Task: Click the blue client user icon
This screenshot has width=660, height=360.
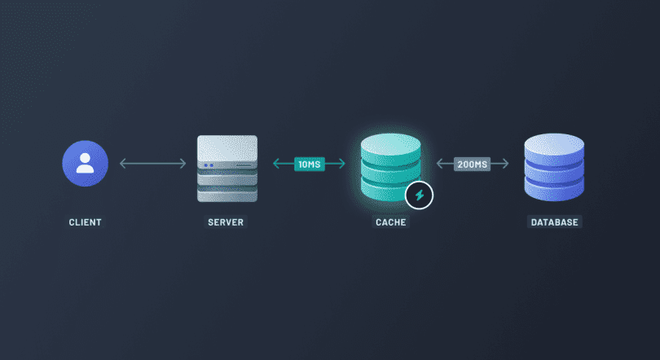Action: click(86, 163)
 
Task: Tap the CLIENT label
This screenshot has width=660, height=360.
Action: click(86, 222)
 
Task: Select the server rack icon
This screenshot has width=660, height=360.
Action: click(227, 169)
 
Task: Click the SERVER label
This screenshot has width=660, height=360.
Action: click(226, 222)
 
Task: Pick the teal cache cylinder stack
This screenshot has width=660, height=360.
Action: click(390, 169)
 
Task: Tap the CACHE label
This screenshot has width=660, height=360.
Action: click(391, 222)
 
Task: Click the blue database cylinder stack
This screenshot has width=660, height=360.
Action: click(554, 169)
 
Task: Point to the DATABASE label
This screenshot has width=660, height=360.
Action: click(556, 222)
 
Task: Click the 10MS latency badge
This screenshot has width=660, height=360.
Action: click(310, 164)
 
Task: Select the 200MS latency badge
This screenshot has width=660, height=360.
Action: click(473, 164)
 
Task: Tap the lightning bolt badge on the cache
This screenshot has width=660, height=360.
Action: click(420, 195)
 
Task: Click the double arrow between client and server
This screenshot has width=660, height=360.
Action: click(153, 164)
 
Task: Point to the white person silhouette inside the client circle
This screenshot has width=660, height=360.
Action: click(86, 163)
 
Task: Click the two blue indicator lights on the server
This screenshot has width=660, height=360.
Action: click(208, 165)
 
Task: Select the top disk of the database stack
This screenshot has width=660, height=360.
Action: click(554, 145)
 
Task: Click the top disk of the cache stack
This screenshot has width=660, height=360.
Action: click(390, 145)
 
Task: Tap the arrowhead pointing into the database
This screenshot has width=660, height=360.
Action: click(505, 164)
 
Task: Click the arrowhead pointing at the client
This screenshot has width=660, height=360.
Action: click(122, 164)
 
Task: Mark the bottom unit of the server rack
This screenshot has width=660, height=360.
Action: click(227, 193)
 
